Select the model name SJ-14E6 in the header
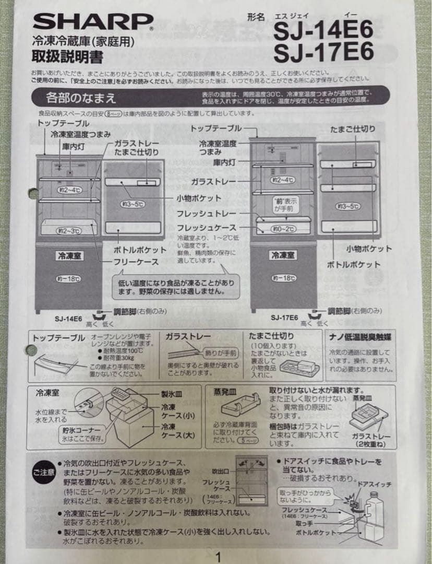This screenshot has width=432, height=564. point(323,30)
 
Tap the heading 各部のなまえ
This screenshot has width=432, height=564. point(81,97)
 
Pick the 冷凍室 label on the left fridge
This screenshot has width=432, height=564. point(68,256)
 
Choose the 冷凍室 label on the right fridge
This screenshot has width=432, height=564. point(283,256)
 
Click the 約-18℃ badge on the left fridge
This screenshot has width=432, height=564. point(68,278)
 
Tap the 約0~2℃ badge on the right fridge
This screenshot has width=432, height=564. point(283,229)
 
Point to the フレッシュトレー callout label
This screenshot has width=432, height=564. point(206,214)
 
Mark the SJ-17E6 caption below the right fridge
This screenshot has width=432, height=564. point(284,317)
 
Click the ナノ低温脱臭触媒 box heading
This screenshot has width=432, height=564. point(361,337)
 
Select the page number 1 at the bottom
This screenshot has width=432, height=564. point(218,557)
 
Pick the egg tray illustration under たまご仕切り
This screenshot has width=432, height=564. point(298,367)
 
